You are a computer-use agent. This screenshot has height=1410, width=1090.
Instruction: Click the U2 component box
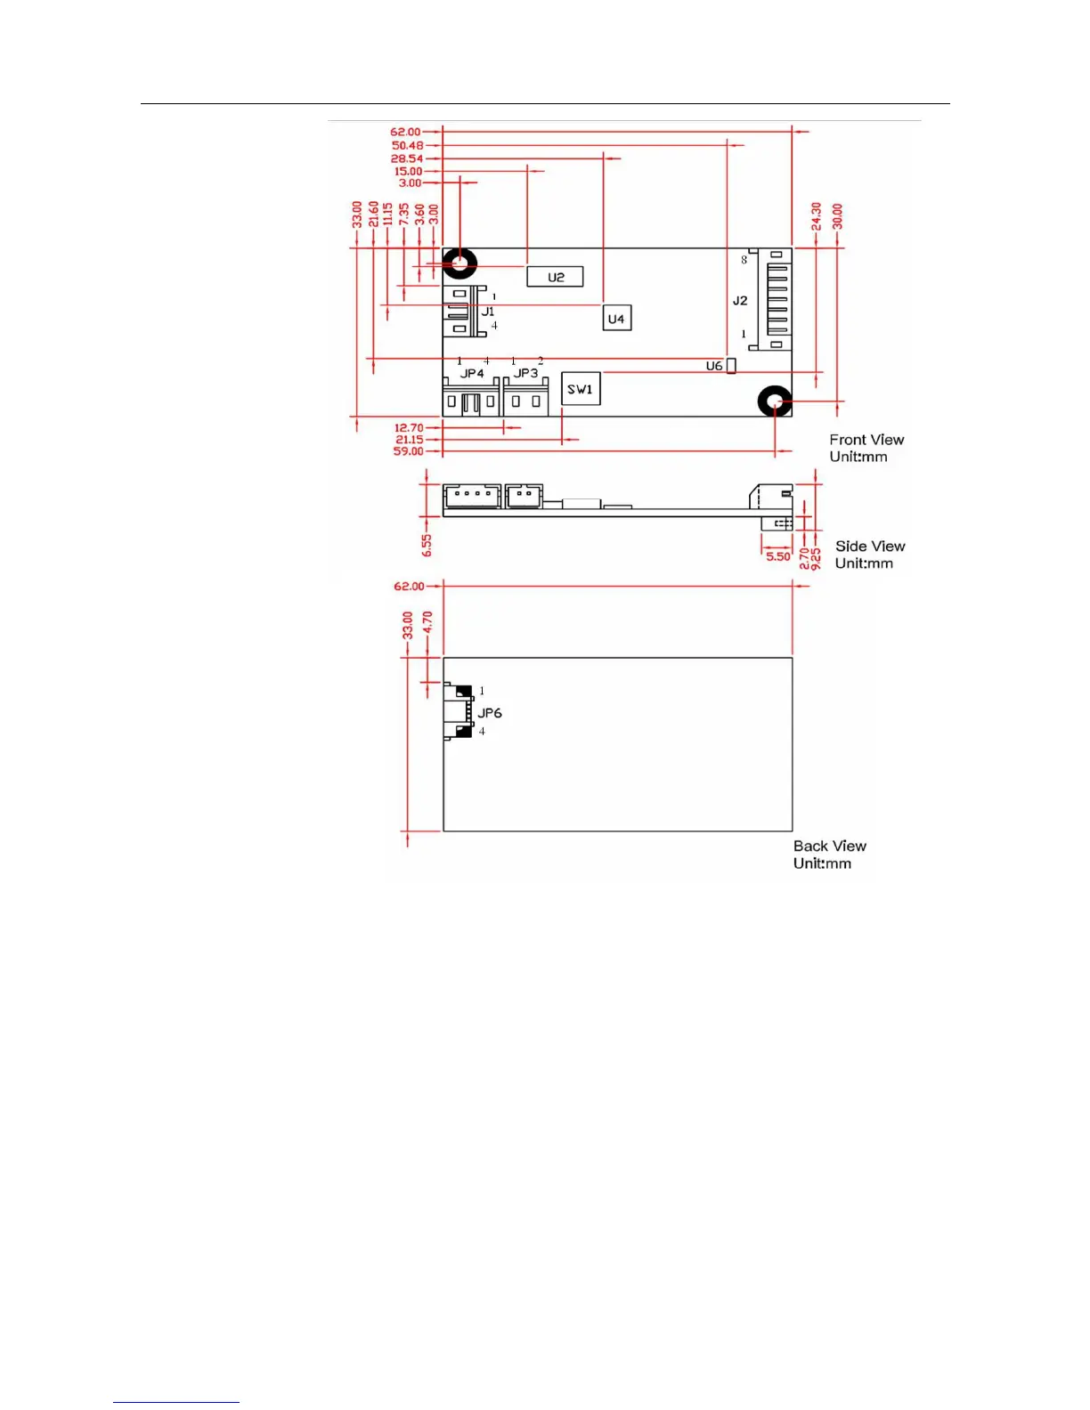pos(555,277)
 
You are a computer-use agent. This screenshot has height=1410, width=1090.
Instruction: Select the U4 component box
pos(616,318)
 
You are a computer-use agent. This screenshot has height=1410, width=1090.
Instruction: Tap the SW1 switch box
pos(580,389)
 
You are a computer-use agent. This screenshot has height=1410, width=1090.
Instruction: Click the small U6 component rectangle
pos(732,366)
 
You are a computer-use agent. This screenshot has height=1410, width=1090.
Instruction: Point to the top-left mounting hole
pos(460,263)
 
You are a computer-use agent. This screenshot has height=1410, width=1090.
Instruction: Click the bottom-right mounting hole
pos(775,402)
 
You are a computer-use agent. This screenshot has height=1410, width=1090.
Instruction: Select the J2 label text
pos(740,301)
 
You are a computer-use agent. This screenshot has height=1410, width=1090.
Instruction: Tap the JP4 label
pos(472,374)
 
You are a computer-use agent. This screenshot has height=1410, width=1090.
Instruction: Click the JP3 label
pos(525,374)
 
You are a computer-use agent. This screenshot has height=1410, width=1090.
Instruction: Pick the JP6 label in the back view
pos(490,713)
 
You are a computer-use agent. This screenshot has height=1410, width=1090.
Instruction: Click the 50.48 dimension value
pos(408,145)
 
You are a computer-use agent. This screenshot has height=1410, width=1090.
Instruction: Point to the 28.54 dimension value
pos(407,158)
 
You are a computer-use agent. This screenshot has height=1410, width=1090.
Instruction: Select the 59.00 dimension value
pos(409,451)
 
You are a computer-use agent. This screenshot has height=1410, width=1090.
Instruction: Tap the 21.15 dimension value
pos(410,440)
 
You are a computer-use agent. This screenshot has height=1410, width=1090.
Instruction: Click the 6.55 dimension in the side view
pos(427,545)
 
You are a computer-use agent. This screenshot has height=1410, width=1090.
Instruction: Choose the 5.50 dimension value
pos(777,556)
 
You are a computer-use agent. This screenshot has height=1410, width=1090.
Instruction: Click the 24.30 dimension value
pos(816,216)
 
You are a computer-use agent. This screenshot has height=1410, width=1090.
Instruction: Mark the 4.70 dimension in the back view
pos(427,621)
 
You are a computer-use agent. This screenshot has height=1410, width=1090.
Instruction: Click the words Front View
pos(866,440)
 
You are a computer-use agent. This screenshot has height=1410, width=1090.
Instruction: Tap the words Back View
pos(830,846)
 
